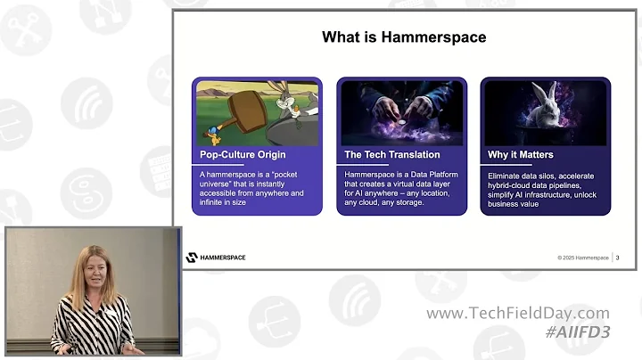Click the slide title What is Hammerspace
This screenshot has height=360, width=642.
click(404, 37)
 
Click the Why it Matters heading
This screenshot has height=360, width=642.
click(521, 155)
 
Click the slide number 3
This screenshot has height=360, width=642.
click(619, 258)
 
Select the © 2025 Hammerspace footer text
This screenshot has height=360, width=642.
click(583, 258)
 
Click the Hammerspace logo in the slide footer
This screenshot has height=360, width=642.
click(216, 258)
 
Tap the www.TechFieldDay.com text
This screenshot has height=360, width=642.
click(518, 314)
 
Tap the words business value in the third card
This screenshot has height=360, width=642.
click(513, 204)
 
